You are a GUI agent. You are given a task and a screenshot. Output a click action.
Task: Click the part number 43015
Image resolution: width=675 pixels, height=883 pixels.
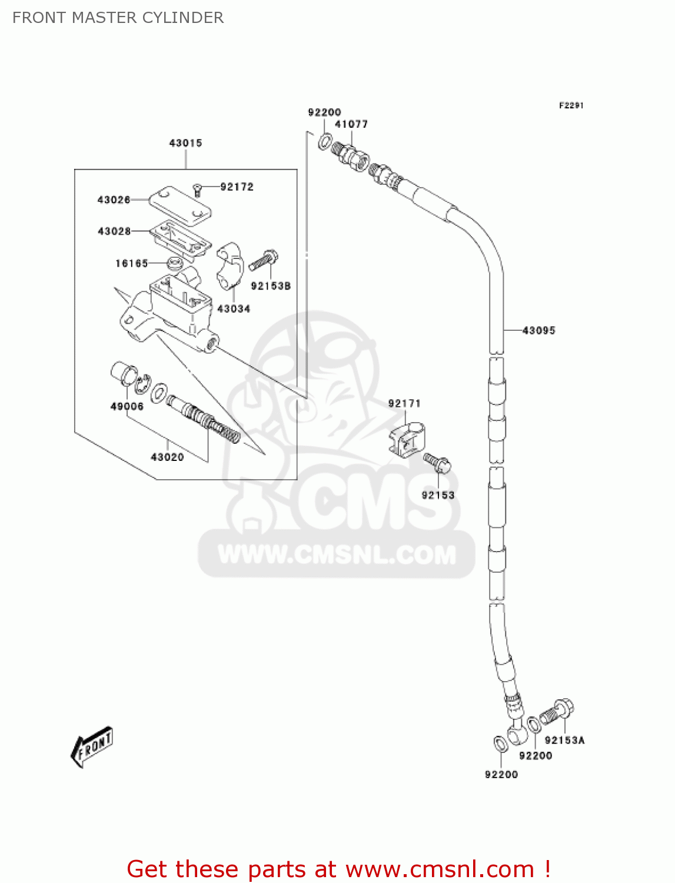pyautogui.click(x=185, y=143)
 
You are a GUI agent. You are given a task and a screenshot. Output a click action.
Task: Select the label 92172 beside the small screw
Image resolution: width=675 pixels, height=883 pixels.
pyautogui.click(x=237, y=187)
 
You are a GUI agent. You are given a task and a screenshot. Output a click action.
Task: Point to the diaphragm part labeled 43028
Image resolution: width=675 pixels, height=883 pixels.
pyautogui.click(x=181, y=238)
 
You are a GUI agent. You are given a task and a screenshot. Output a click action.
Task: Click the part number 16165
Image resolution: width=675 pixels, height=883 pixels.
pyautogui.click(x=131, y=263)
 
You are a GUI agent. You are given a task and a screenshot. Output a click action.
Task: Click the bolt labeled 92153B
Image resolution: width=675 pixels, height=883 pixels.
pyautogui.click(x=263, y=260)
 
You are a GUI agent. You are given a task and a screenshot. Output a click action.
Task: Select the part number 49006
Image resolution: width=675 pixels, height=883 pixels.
pyautogui.click(x=127, y=406)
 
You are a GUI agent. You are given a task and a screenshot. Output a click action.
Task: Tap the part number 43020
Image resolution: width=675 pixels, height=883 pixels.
pyautogui.click(x=167, y=457)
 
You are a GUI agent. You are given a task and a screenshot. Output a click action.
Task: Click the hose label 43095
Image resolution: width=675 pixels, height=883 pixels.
pyautogui.click(x=538, y=331)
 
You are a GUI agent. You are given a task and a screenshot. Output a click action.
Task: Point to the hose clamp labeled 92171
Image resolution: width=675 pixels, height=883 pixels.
pyautogui.click(x=407, y=438)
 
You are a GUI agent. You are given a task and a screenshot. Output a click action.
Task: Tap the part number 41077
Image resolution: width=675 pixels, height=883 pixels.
pyautogui.click(x=351, y=124)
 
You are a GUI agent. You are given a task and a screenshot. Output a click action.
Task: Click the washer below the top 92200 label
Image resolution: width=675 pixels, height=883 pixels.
pyautogui.click(x=325, y=142)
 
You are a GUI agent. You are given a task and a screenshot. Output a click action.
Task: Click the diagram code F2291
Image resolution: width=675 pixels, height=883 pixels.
pyautogui.click(x=571, y=105)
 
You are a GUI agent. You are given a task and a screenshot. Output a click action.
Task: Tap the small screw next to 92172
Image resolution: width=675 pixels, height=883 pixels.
pyautogui.click(x=197, y=190)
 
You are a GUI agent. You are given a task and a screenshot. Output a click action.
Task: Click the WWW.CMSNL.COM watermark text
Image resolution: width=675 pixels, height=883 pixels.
pyautogui.click(x=337, y=555)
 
